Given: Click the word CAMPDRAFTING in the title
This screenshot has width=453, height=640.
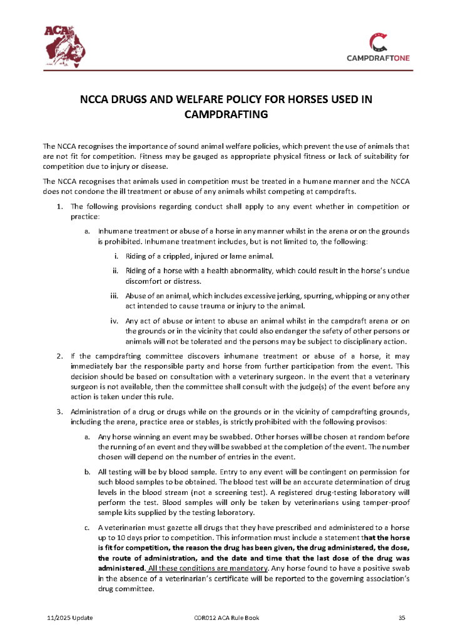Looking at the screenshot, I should click(226, 114).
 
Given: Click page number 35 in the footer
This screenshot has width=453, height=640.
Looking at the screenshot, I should click(402, 618).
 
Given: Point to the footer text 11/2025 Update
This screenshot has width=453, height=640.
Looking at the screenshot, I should click(70, 618).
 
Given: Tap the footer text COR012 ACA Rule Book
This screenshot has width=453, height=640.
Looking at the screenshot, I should click(227, 618).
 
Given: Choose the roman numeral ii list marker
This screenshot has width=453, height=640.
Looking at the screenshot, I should click(115, 271).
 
